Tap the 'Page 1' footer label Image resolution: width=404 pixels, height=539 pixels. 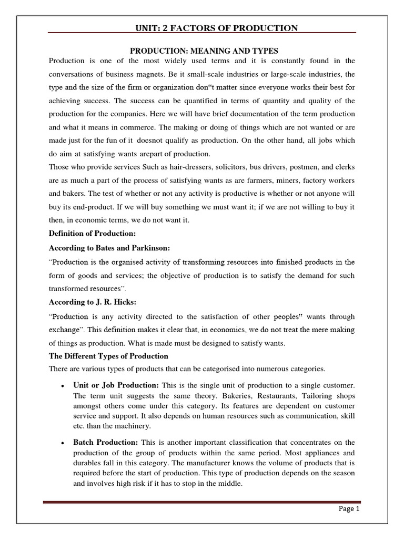[348, 508]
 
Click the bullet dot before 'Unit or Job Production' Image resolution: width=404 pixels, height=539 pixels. [62, 386]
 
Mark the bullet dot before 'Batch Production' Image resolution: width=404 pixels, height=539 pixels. [62, 442]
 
